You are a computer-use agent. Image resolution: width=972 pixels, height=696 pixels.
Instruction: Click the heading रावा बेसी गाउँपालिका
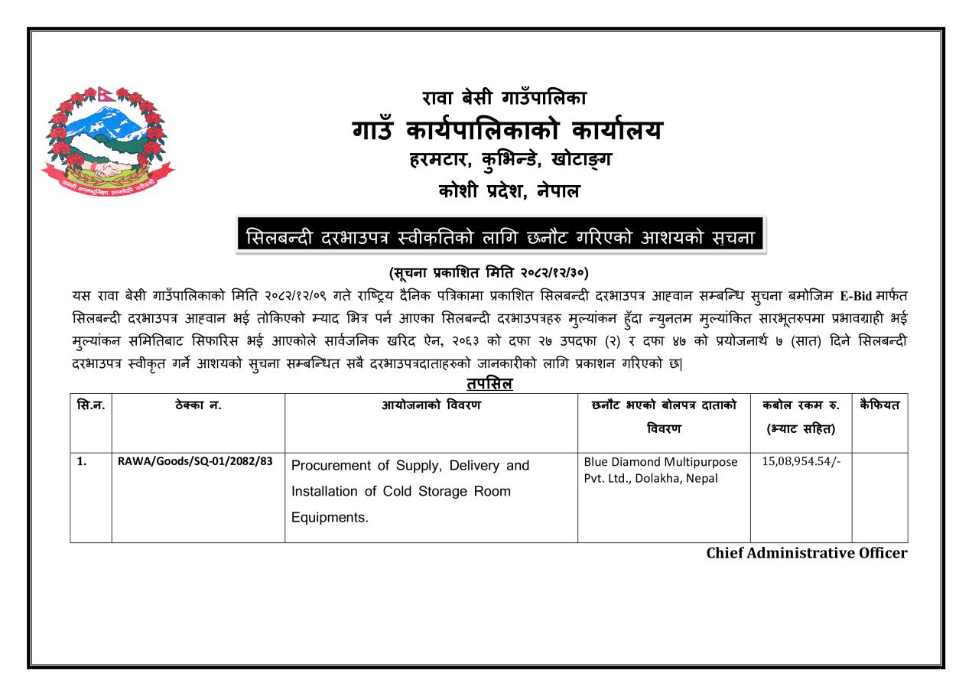(x=505, y=98)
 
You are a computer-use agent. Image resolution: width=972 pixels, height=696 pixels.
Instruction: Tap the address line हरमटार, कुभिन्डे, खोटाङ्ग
(x=505, y=162)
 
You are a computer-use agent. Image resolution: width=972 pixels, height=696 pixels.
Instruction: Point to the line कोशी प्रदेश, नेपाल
(x=505, y=191)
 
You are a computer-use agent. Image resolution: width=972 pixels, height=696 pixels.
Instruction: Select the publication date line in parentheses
(x=489, y=272)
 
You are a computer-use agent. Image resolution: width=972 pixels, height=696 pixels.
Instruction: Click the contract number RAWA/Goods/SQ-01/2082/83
(x=196, y=463)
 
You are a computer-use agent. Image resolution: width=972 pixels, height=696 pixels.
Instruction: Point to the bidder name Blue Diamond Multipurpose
(x=660, y=462)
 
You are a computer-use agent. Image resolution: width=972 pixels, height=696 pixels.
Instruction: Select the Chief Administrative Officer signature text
(x=806, y=553)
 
